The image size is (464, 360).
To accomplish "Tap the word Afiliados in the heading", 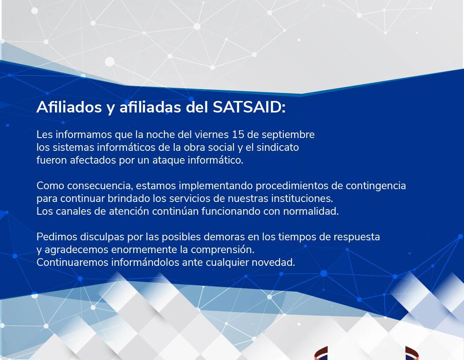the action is click(x=69, y=107).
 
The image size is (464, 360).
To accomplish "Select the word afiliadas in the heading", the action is click(x=150, y=107).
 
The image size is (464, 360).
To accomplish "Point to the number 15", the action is click(x=238, y=135).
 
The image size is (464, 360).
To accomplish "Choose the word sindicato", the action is click(x=277, y=147).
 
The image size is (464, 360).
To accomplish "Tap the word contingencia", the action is click(x=376, y=186).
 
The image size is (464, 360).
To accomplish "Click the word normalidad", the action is click(x=311, y=211).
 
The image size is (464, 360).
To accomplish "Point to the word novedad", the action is click(x=273, y=262).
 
